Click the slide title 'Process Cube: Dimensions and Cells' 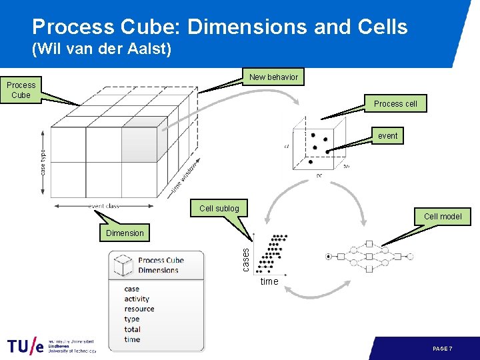[x=220, y=27]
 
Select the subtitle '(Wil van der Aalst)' [x=102, y=49]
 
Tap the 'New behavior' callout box [x=273, y=77]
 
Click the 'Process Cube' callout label [x=21, y=90]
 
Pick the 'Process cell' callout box [x=395, y=103]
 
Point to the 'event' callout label [x=387, y=136]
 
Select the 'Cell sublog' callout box [x=219, y=209]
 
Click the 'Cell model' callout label [x=443, y=216]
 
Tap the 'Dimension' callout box [x=125, y=233]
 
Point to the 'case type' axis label [x=43, y=162]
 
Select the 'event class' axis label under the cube [x=104, y=206]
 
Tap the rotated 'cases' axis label [x=245, y=259]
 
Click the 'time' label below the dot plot [x=269, y=281]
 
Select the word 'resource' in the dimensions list [x=139, y=309]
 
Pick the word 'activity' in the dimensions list [x=137, y=299]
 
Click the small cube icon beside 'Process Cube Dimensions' [x=123, y=265]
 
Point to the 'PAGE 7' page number [x=442, y=349]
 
